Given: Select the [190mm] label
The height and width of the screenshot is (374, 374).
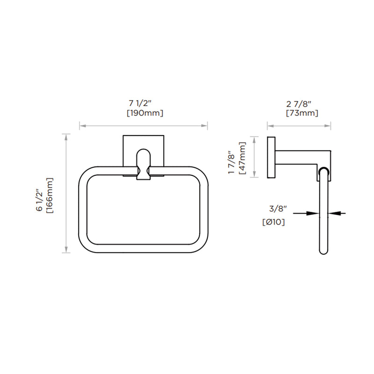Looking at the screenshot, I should (x=144, y=113).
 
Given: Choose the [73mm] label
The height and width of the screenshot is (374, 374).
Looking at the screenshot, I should (x=302, y=113).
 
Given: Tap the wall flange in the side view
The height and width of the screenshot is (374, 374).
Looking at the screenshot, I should (x=271, y=157).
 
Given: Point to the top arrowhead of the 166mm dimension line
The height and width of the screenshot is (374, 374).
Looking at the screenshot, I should (x=67, y=136).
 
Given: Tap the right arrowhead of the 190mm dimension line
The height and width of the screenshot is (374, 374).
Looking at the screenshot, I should (x=205, y=125).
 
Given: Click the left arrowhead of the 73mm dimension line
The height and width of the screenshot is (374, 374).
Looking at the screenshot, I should (x=269, y=125).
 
